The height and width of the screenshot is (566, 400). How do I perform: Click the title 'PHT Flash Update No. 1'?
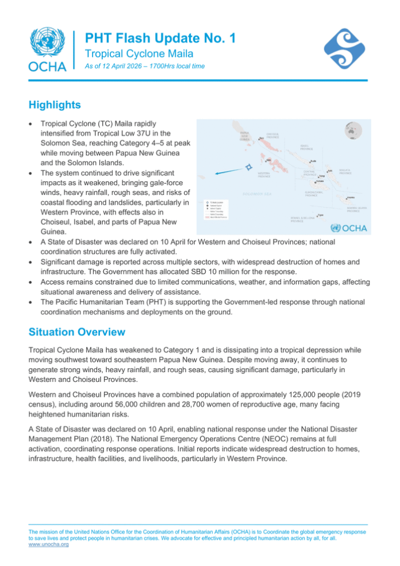(x=160, y=39)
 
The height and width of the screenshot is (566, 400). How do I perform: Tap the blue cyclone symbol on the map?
(x=248, y=167)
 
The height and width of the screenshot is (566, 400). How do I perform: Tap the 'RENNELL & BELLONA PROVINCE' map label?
(x=299, y=220)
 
